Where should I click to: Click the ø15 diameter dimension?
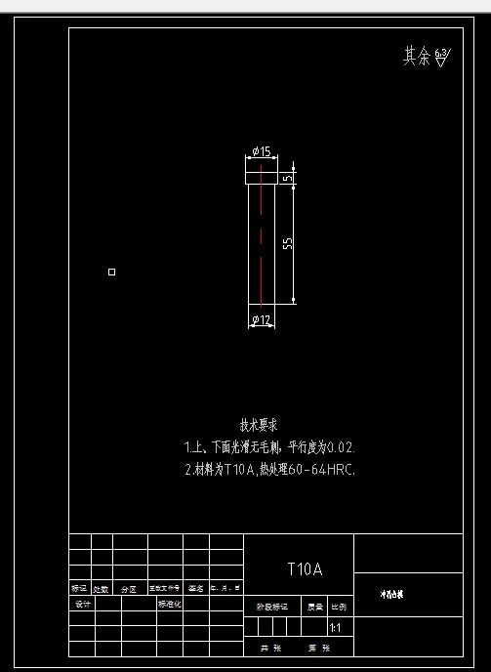[261, 151]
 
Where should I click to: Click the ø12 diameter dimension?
[261, 319]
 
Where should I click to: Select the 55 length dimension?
[288, 243]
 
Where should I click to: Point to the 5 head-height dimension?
[288, 177]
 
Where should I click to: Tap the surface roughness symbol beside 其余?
[441, 58]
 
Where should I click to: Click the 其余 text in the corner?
[416, 57]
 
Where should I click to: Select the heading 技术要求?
[259, 425]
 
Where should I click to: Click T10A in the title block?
[305, 569]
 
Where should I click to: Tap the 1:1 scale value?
[336, 628]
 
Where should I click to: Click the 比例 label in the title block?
[338, 606]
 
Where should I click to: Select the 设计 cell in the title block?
[82, 604]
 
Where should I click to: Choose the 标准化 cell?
[170, 604]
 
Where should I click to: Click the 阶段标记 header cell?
[272, 606]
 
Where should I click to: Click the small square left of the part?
[111, 272]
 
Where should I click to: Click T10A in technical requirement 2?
[239, 470]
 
